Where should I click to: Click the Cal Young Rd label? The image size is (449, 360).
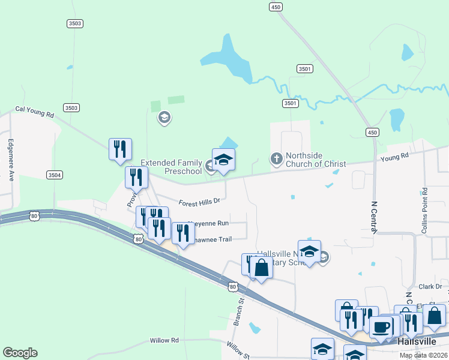(34, 110)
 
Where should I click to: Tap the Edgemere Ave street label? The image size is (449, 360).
(10, 160)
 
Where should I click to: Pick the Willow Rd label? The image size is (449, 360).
(164, 340)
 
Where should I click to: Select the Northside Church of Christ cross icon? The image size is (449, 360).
(276, 158)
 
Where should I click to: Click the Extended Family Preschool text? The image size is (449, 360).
(171, 167)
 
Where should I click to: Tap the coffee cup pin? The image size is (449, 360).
(381, 328)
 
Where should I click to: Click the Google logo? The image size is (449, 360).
(20, 353)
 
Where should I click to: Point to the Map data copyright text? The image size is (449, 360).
(424, 355)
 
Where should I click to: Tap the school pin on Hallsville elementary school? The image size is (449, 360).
(309, 251)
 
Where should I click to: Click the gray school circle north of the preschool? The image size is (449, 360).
(164, 118)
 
